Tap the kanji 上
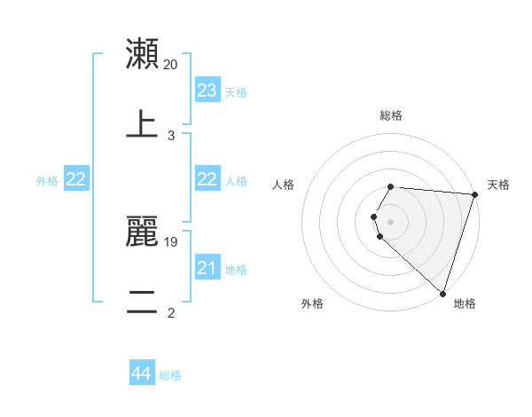coord(143,124)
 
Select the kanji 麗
coord(143,232)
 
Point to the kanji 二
coord(143,303)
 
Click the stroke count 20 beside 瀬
coord(171,64)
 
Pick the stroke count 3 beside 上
coord(171,136)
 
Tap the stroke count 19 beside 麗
coord(171,241)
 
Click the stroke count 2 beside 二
coord(171,312)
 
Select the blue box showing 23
coord(207,90)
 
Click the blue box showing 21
coord(207,268)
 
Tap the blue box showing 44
coord(142,374)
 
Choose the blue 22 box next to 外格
coord(76,179)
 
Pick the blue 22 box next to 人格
coord(207,179)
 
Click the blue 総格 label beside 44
coord(170,375)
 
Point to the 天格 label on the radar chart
coord(498,185)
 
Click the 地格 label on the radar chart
coord(465,303)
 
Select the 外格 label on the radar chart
coord(312,303)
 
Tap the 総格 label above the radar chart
coord(391,115)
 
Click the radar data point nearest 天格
coord(475,194)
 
